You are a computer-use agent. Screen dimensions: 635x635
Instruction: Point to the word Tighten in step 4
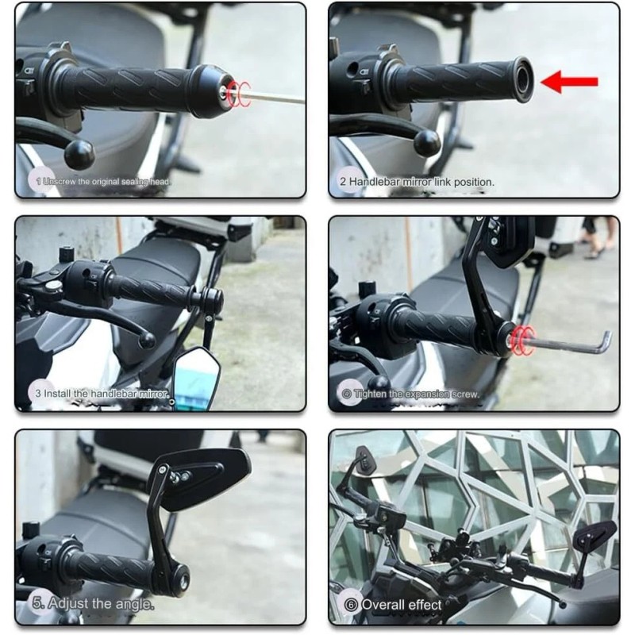(x=374, y=394)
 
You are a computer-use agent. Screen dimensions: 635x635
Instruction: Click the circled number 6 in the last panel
(x=350, y=604)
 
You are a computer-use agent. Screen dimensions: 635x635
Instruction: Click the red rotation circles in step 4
(x=521, y=339)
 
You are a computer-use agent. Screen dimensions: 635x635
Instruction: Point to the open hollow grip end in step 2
(x=521, y=79)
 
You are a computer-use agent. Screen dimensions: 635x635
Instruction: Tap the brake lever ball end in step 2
(x=427, y=143)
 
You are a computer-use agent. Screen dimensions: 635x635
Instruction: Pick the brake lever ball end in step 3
(x=147, y=340)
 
